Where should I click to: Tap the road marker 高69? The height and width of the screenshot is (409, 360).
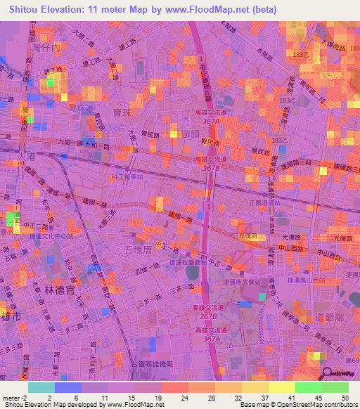[352, 361]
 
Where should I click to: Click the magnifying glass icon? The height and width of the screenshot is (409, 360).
[327, 374]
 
